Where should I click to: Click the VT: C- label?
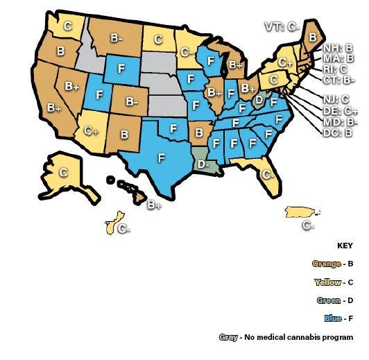282,27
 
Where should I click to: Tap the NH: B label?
338,48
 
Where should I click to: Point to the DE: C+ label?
341,111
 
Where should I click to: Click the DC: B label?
338,132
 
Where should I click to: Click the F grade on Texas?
162,157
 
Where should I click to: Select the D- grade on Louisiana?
202,165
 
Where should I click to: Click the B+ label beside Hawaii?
154,205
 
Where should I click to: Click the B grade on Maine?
313,36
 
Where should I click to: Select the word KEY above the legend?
345,246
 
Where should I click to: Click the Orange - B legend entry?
333,264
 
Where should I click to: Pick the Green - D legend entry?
335,300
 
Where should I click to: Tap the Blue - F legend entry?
338,319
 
